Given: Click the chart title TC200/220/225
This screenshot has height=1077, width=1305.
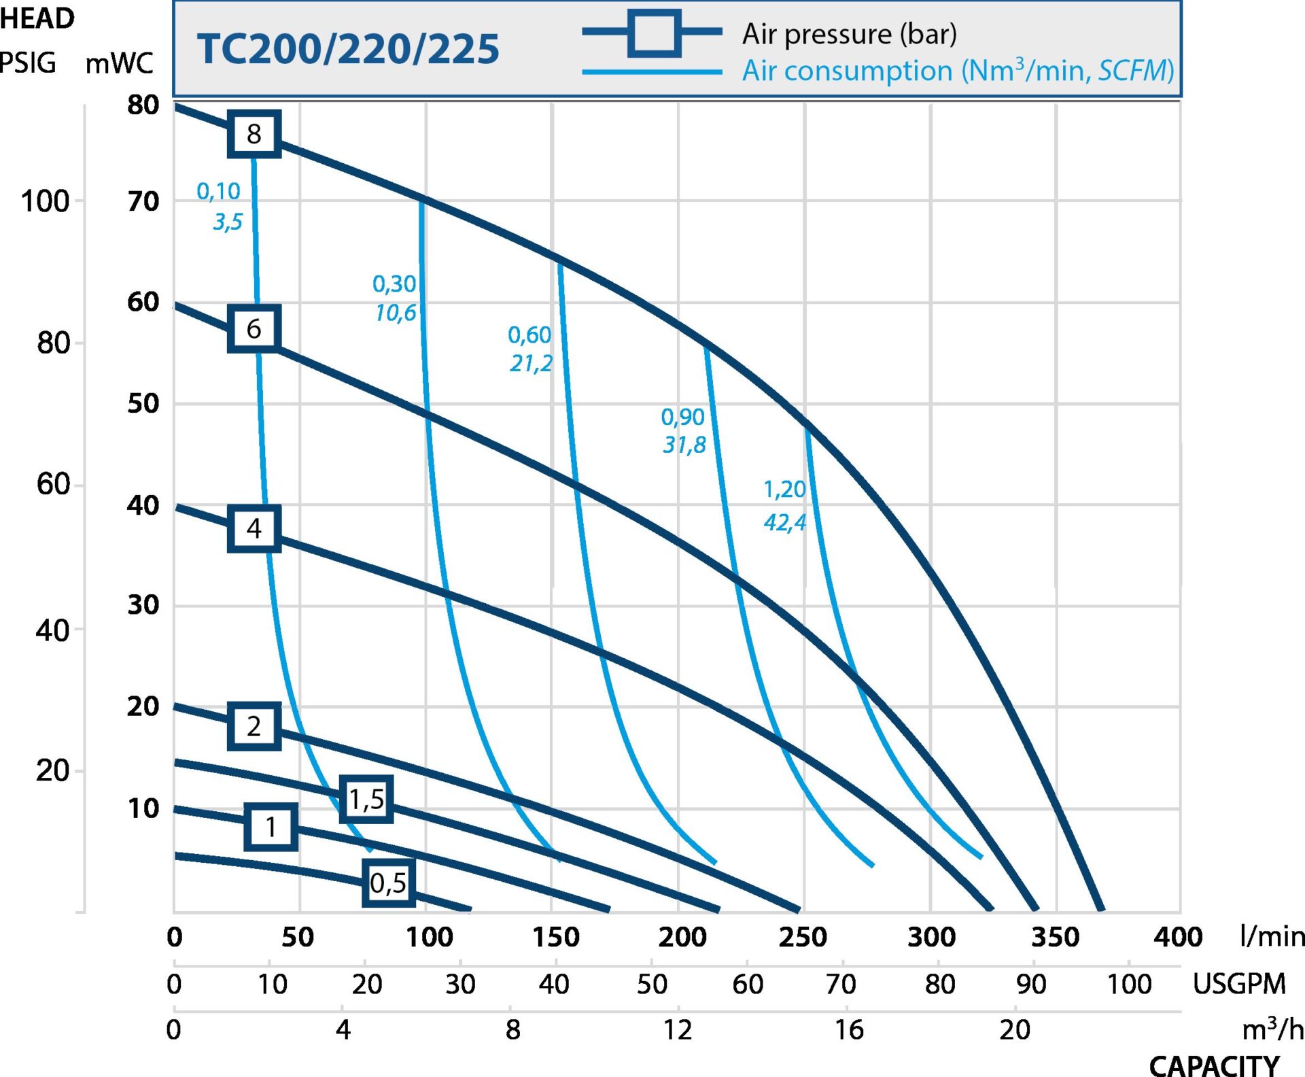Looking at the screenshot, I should [x=348, y=49].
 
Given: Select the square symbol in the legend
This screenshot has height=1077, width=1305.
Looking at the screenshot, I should [x=653, y=32].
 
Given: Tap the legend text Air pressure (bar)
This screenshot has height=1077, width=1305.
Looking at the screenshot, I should [x=849, y=33].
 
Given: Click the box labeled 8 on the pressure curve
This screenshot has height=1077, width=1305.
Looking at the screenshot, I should [x=254, y=134].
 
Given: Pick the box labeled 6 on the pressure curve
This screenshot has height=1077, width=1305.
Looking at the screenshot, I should [x=254, y=329].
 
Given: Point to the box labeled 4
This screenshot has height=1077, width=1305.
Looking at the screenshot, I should [x=254, y=528].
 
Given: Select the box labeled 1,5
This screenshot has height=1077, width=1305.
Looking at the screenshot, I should [x=366, y=799].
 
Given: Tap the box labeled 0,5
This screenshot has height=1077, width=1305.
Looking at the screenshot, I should [x=388, y=883].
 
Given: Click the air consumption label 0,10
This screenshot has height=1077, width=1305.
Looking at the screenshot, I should [x=218, y=192].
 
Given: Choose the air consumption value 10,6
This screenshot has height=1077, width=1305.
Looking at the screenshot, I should [x=396, y=313].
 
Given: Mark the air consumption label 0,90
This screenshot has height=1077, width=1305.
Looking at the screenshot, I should [x=682, y=417].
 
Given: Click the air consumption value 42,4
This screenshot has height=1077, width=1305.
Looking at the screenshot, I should [x=784, y=522].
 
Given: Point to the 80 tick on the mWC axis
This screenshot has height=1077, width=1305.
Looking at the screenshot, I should [x=143, y=105].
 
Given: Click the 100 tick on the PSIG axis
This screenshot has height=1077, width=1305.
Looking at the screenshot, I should [x=45, y=201].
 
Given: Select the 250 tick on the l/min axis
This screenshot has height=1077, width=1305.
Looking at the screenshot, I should [x=803, y=937].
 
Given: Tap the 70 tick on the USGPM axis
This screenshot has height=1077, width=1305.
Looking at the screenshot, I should [x=841, y=984].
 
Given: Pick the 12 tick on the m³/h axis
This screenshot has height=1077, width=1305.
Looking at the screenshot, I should [x=678, y=1030].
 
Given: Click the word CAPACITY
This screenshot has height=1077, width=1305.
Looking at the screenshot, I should [x=1214, y=1065].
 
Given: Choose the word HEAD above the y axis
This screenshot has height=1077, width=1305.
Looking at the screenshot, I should [x=37, y=18].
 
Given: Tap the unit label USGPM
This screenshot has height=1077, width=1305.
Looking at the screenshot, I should [x=1239, y=984].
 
